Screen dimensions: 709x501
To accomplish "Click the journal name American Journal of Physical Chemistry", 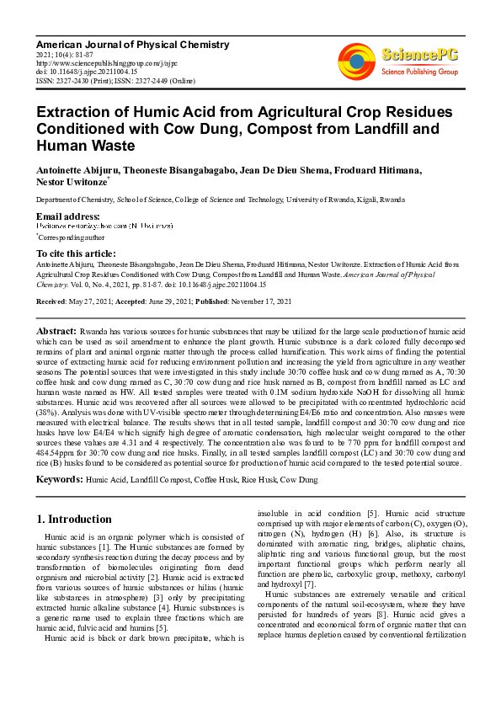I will (132, 44).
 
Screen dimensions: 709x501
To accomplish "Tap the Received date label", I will (53, 301).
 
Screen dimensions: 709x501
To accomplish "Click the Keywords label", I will (59, 479).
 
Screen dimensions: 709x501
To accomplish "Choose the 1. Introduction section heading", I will (75, 519).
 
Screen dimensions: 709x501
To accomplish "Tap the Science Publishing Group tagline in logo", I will (418, 72).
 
